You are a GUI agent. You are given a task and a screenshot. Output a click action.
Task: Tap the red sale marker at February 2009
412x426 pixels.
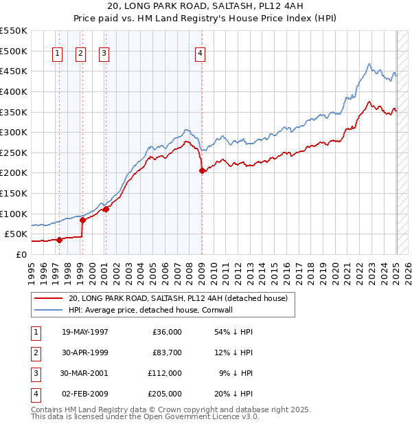[202, 171]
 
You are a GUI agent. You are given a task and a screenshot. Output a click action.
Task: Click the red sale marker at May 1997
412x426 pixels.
[59, 240]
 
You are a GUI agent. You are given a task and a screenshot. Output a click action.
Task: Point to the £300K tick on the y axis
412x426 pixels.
[14, 132]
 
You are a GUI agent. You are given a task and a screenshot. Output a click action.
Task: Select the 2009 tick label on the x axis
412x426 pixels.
[202, 271]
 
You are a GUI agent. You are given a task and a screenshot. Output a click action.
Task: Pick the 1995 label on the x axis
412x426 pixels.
[32, 271]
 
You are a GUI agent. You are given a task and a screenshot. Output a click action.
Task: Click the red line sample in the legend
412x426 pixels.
[48, 299]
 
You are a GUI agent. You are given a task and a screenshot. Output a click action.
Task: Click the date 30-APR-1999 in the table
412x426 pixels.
[85, 352]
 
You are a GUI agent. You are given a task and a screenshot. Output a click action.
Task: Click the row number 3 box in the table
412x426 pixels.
[36, 373]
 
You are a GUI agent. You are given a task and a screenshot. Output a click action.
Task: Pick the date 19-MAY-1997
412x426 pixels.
[85, 332]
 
